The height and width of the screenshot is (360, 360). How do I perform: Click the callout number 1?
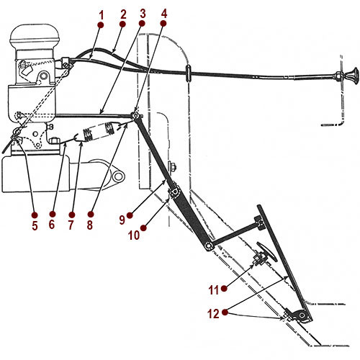102,13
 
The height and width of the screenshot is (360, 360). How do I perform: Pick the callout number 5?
33,224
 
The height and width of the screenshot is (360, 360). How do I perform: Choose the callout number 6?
52,224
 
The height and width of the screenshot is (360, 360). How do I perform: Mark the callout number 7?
71,224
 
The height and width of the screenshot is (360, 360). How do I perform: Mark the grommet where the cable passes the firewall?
187,72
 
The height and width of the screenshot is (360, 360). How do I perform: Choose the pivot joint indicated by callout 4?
135,115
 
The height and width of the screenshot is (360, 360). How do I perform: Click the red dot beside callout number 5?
33,214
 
